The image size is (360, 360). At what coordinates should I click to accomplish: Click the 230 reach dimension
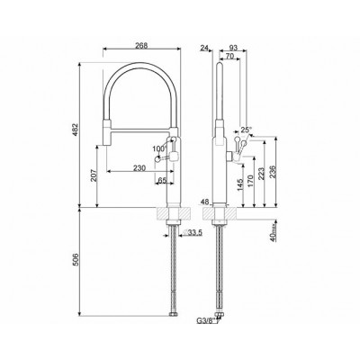pyautogui.click(x=139, y=167)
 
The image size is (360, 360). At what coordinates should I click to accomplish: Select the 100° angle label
pyautogui.click(x=158, y=148)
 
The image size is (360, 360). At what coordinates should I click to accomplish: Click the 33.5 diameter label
pyautogui.click(x=193, y=234)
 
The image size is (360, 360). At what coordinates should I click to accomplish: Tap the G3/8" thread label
pyautogui.click(x=205, y=319)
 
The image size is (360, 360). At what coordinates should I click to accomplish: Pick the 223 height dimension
pyautogui.click(x=260, y=173)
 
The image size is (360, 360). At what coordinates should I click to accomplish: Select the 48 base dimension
pyautogui.click(x=206, y=202)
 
